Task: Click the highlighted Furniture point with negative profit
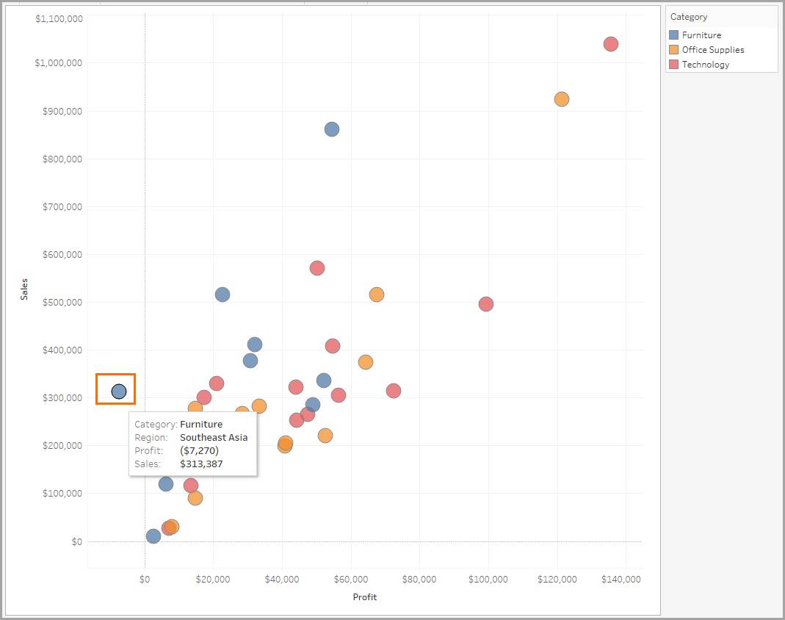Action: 119,392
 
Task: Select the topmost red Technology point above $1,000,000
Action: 610,44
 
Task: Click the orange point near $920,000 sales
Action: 561,99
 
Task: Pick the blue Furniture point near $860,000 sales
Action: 331,129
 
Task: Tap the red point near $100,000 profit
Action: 485,304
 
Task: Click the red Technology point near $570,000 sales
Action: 316,268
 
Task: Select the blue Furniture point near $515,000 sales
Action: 222,295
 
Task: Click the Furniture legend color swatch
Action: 674,35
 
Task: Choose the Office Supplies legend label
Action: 712,50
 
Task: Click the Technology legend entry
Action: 705,65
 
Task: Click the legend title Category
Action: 689,17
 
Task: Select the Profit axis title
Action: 364,597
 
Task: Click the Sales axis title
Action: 24,293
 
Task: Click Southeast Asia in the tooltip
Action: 214,437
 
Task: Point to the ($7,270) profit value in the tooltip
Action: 199,450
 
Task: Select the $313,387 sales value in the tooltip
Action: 201,464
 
